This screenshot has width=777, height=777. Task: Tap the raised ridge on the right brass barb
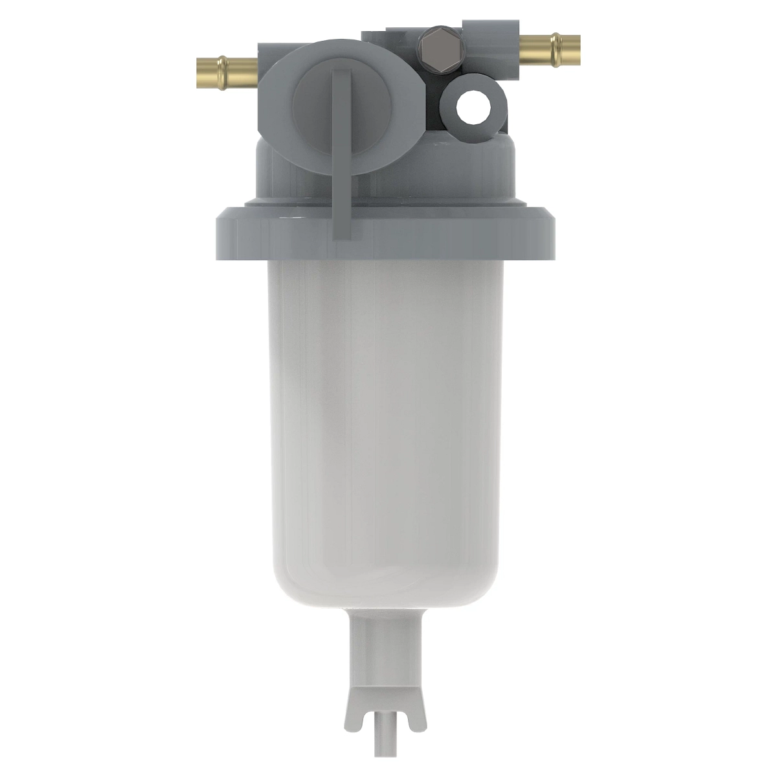[556, 47]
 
